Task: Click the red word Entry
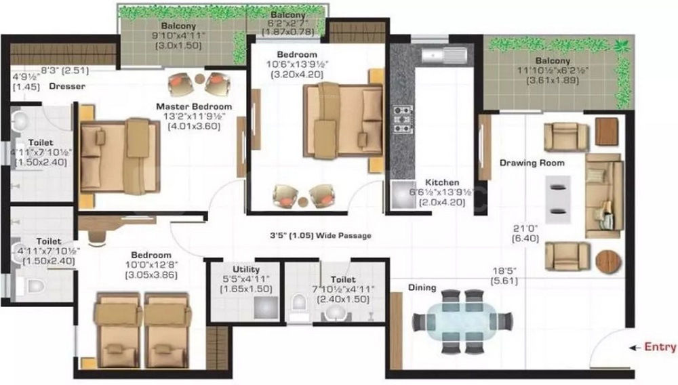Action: click(660, 347)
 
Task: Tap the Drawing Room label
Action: click(532, 163)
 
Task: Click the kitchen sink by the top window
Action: click(445, 55)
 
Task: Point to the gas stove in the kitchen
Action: click(402, 119)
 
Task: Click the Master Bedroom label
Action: click(194, 106)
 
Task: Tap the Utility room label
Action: click(246, 269)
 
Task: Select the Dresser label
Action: click(67, 86)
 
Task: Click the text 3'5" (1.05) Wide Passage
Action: click(321, 235)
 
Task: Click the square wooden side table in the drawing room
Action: click(607, 131)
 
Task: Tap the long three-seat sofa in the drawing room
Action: click(604, 196)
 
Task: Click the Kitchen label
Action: click(442, 182)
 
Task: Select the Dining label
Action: click(422, 287)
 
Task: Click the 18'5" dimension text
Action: click(504, 271)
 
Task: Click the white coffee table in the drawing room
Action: click(558, 199)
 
